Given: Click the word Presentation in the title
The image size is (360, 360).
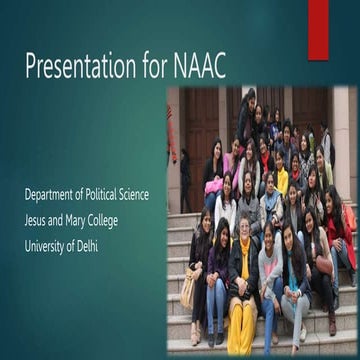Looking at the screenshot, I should (76, 67).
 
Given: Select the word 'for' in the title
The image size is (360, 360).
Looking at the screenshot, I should (148, 67).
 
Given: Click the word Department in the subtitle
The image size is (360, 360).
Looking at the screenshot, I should (55, 195).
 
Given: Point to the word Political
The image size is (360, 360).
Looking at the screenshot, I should (108, 195).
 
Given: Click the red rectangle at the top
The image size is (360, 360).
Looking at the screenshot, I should (317, 30).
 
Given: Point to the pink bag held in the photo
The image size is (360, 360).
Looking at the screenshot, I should (213, 186).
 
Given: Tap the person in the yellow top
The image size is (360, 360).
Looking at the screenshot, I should (282, 180).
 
